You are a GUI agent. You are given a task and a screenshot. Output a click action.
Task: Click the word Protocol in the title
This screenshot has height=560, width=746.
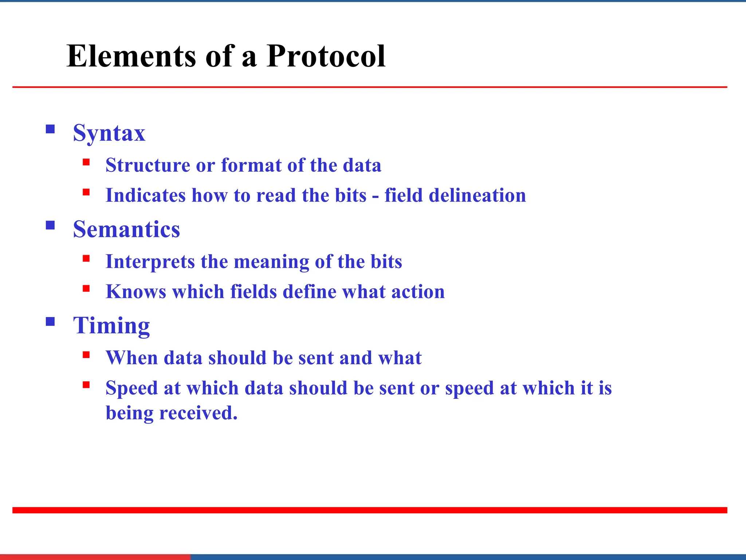(325, 57)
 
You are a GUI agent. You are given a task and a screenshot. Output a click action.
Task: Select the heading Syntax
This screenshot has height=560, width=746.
(109, 133)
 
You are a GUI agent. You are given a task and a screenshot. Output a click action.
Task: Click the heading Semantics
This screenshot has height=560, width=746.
(126, 229)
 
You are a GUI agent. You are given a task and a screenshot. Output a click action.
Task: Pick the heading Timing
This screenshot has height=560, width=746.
(111, 326)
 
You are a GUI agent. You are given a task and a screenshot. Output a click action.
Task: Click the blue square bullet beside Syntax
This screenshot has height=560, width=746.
(50, 129)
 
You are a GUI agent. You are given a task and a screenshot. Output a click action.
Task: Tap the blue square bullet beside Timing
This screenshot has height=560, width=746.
(50, 322)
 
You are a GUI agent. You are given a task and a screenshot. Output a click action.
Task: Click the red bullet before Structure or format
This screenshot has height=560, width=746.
(86, 162)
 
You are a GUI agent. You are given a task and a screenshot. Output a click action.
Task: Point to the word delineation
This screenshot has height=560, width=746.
(477, 195)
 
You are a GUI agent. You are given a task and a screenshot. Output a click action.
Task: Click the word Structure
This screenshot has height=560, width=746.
(148, 165)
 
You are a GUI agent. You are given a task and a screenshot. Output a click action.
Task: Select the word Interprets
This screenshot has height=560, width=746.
(150, 262)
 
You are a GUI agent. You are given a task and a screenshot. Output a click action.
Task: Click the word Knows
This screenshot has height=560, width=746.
(136, 292)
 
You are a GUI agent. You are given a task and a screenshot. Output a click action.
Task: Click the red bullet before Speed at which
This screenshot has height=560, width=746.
(86, 385)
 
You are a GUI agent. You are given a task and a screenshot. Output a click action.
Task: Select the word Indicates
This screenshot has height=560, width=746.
(145, 195)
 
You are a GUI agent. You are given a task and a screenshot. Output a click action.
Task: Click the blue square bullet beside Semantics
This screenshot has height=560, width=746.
(50, 225)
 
